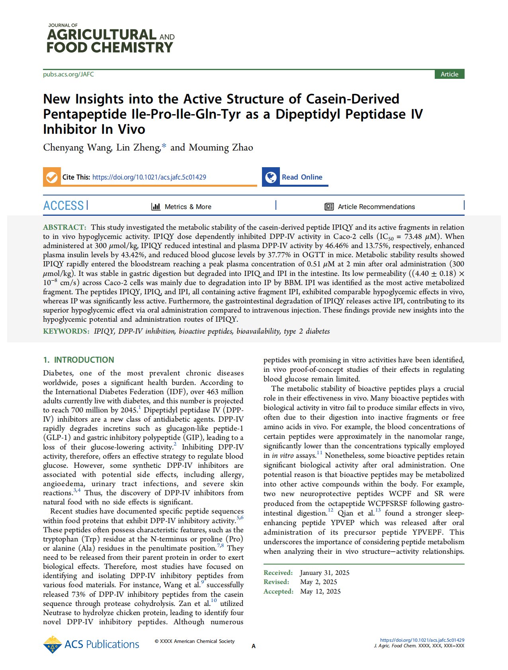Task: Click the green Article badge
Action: [x=449, y=74]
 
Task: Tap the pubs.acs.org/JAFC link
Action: [x=68, y=74]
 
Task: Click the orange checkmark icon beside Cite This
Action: [x=52, y=177]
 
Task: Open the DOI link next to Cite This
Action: [x=149, y=177]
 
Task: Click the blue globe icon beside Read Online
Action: [x=271, y=177]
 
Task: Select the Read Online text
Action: [x=302, y=177]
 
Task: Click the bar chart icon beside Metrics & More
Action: [x=156, y=207]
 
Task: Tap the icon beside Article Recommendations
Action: [x=329, y=207]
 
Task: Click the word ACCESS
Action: [x=63, y=206]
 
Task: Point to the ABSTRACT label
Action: [x=64, y=227]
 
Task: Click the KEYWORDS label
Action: [x=66, y=331]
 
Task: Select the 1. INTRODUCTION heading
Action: [x=78, y=360]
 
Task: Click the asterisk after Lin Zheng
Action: [x=164, y=147]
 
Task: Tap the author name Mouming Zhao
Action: [x=221, y=148]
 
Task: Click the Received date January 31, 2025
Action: [x=324, y=572]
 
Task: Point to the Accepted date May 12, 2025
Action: [x=320, y=591]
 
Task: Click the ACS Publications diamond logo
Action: [x=52, y=645]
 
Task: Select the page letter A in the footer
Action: [x=254, y=646]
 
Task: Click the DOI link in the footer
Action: [x=422, y=640]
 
